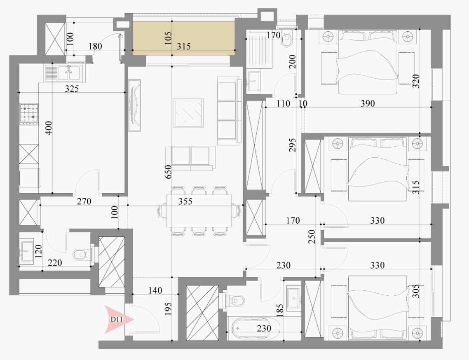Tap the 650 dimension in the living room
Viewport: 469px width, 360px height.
click(x=169, y=172)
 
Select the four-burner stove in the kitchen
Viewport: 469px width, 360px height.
click(x=29, y=114)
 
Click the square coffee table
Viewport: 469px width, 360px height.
click(x=188, y=113)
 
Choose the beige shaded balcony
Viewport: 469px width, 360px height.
click(x=184, y=38)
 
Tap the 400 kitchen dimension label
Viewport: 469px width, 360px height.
click(x=49, y=128)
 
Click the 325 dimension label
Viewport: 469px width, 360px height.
click(x=72, y=89)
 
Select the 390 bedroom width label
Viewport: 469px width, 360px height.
click(x=368, y=103)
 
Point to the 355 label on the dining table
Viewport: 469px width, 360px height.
click(x=185, y=201)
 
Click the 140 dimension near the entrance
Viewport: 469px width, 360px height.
click(x=155, y=290)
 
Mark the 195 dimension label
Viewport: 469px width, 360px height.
click(x=168, y=309)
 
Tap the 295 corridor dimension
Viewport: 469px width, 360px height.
click(x=292, y=145)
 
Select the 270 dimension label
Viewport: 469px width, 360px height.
click(x=84, y=201)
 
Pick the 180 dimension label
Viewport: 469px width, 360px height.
click(x=95, y=47)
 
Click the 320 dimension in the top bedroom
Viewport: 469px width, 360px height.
click(x=416, y=81)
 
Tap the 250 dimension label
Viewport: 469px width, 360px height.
click(x=312, y=236)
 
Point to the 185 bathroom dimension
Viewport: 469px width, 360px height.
click(x=280, y=311)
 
